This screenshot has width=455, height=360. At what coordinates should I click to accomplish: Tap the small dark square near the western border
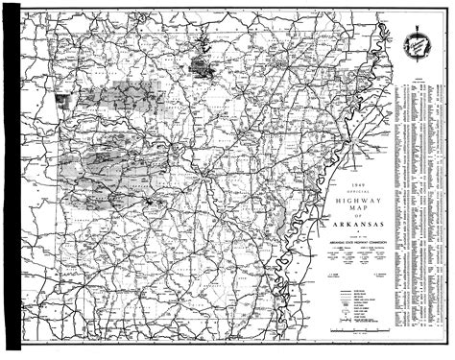coord(62,98)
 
